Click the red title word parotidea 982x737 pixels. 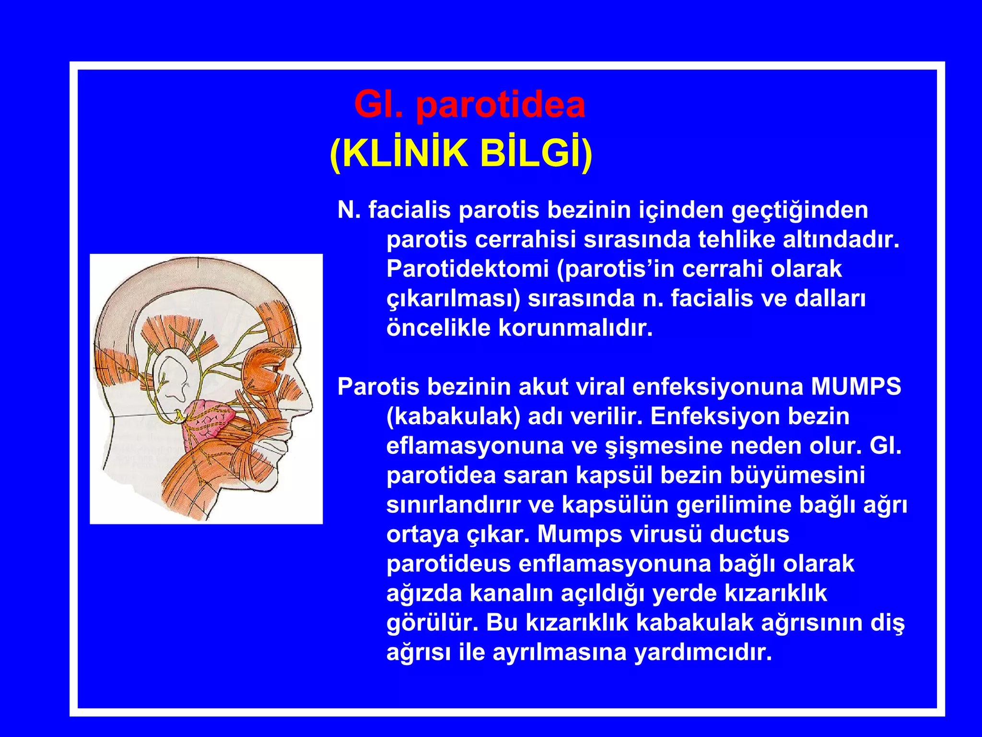point(501,106)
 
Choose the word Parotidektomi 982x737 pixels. point(468,269)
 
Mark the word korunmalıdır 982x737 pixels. point(575,328)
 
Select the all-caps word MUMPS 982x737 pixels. point(856,387)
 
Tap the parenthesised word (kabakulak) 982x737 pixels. point(453,416)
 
